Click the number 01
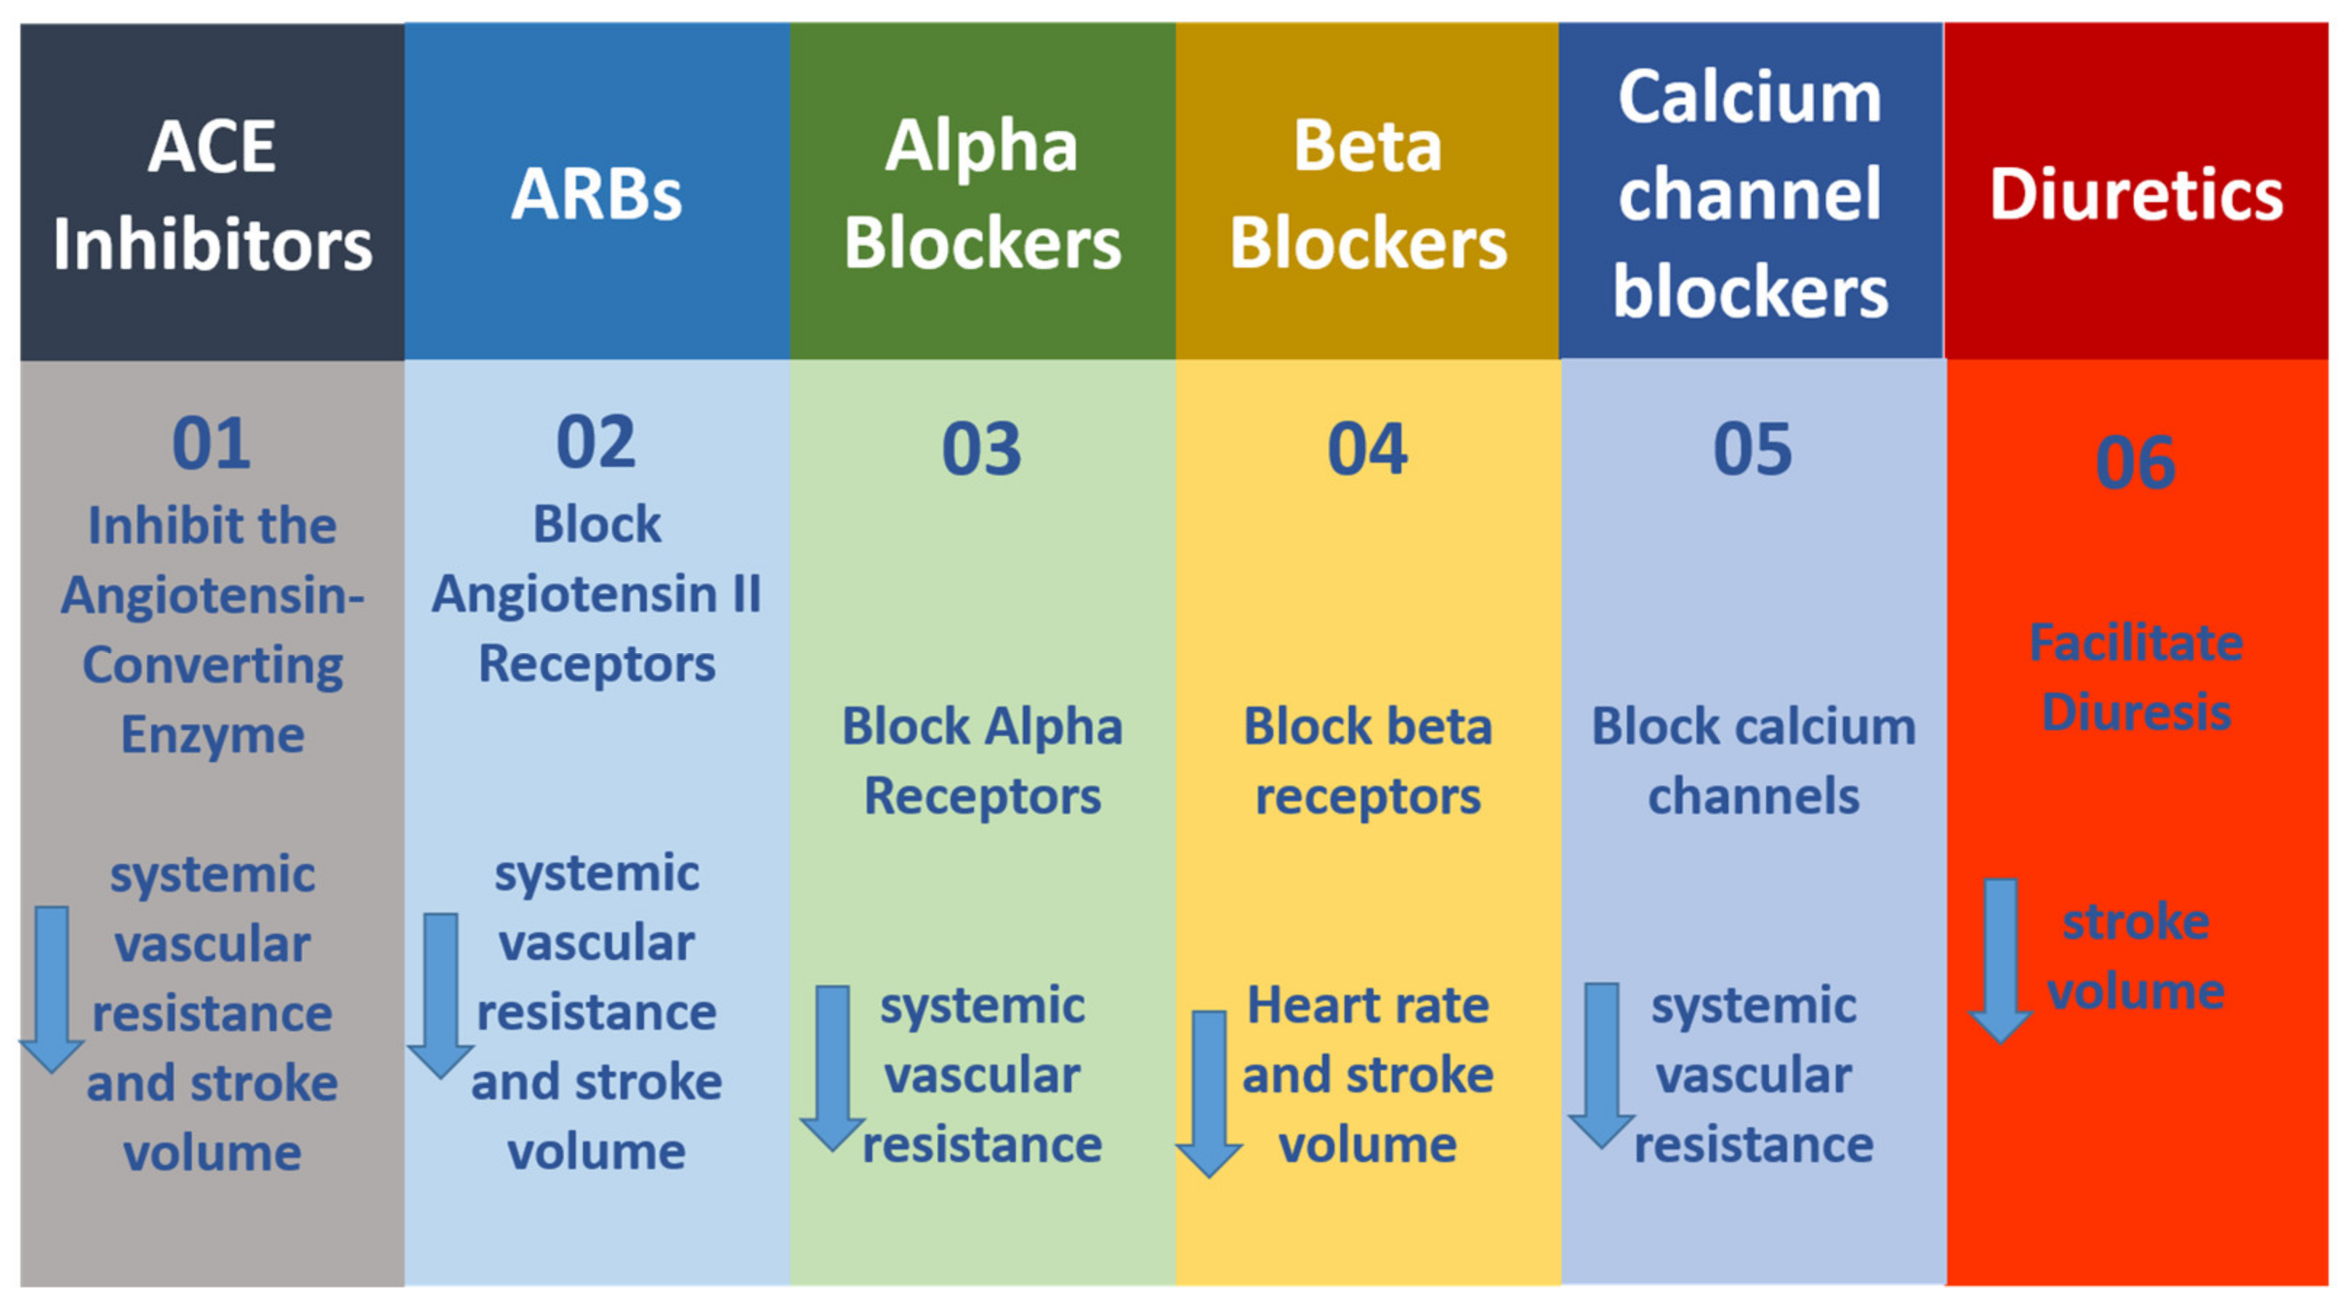point(211,444)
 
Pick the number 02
point(597,442)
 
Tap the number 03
point(982,449)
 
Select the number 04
point(1368,449)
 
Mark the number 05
point(1752,449)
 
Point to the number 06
point(2135,463)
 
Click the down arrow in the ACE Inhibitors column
point(52,990)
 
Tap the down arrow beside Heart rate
point(1209,1094)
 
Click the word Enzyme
point(212,735)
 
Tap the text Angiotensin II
point(597,595)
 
